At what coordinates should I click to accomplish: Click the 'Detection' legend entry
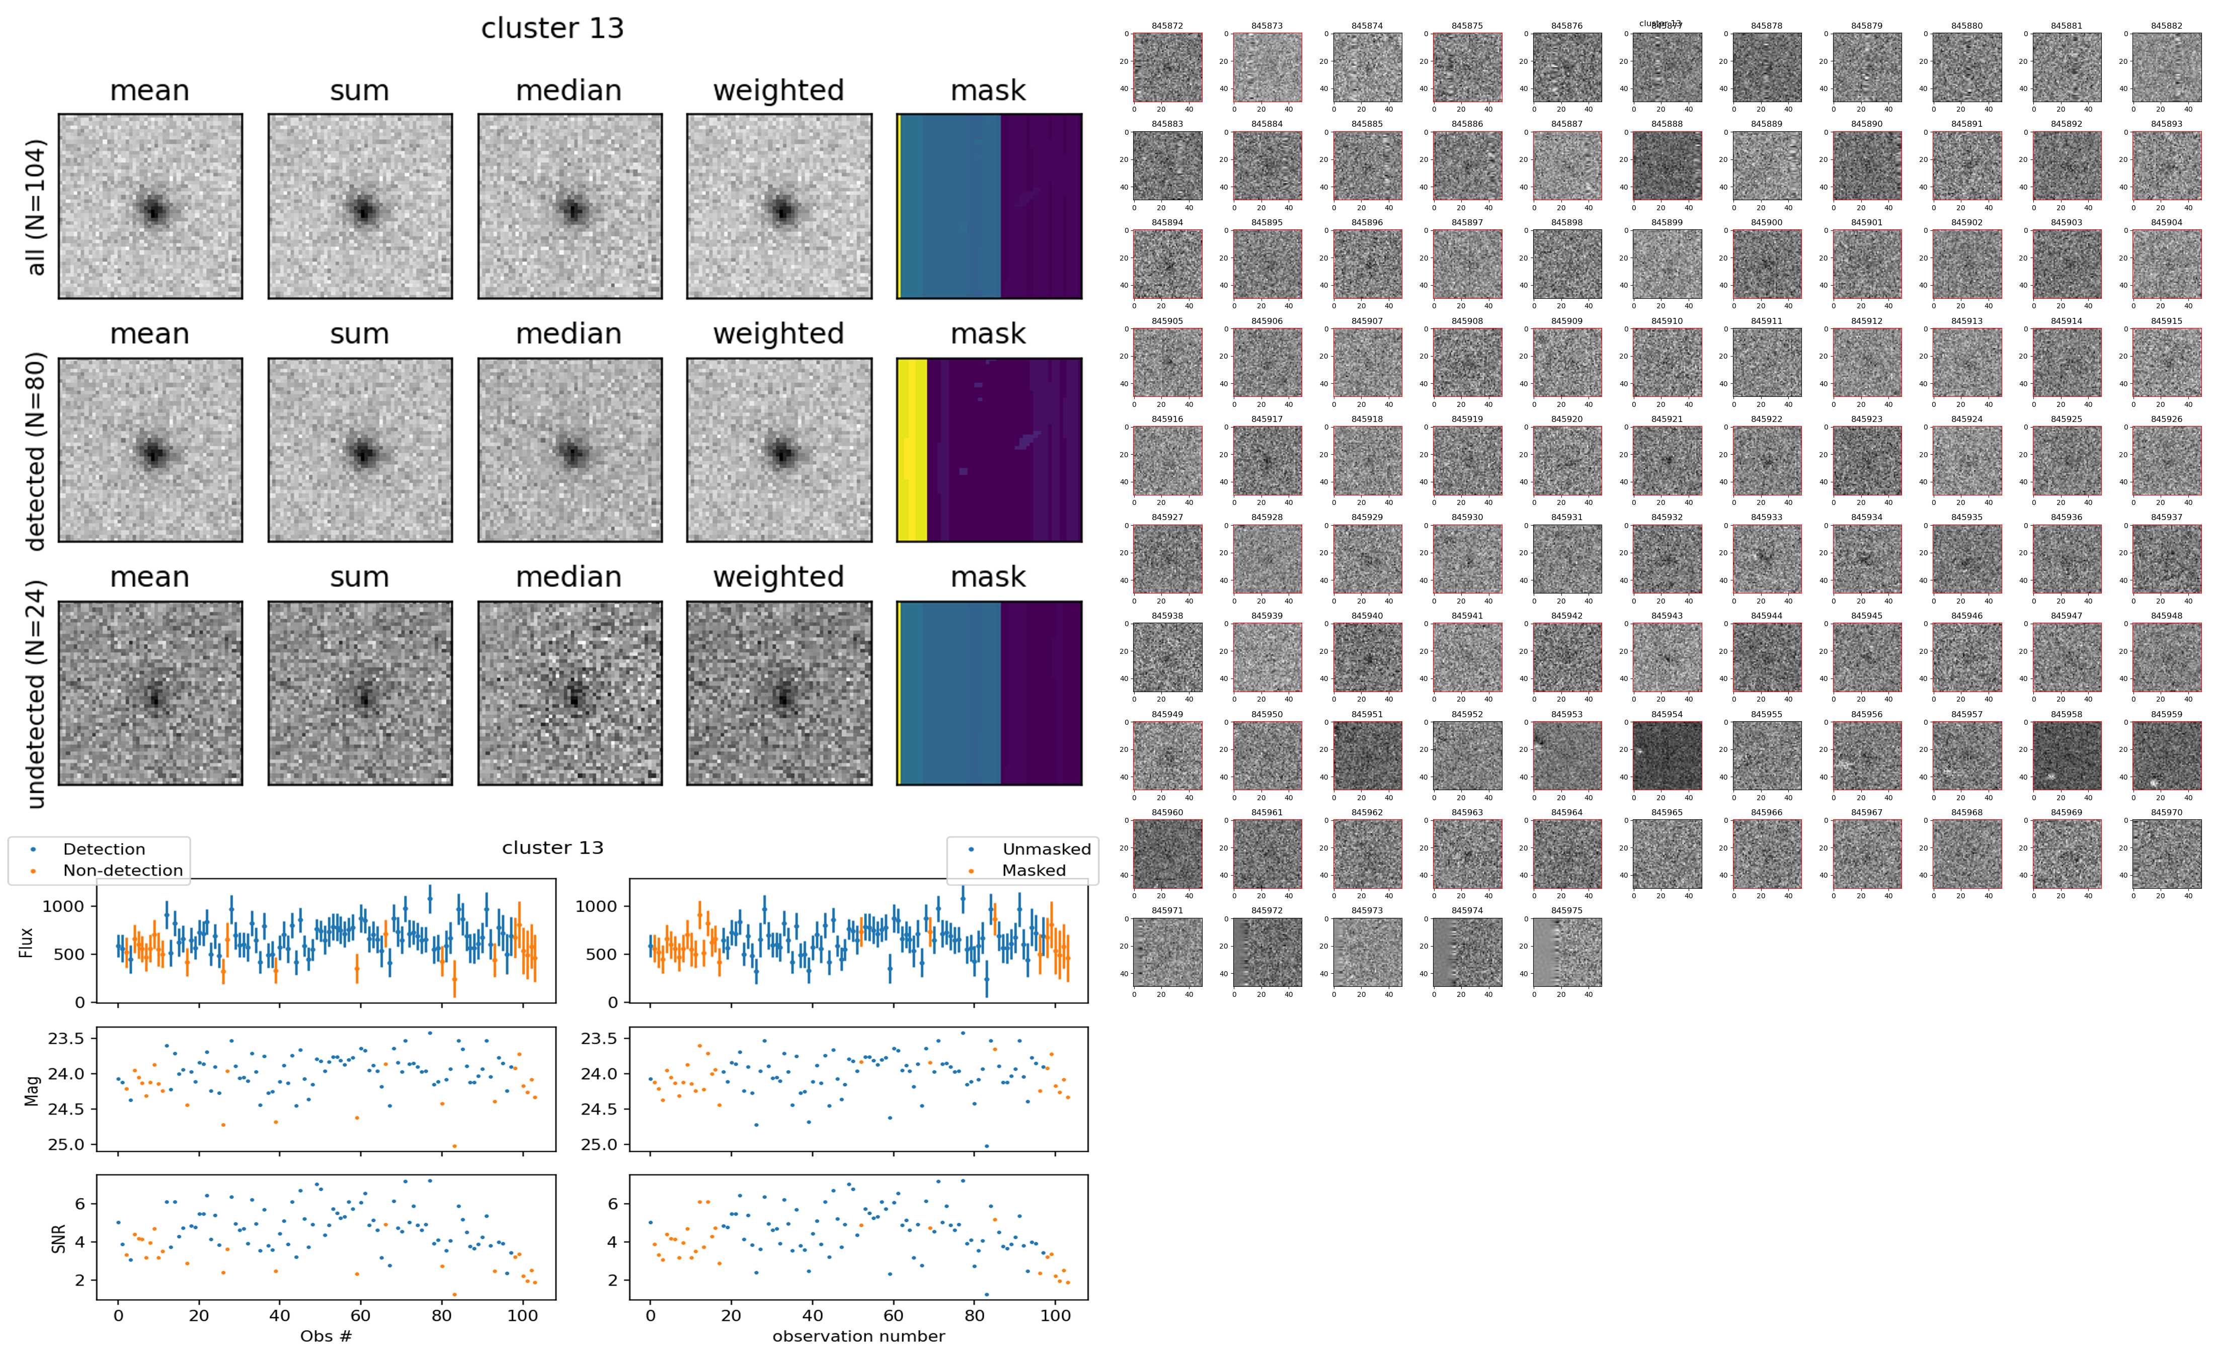coord(104,849)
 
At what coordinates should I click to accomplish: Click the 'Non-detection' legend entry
coord(122,871)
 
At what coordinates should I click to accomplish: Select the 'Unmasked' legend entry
coord(1046,849)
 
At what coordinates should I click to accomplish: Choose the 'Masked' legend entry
coord(1034,871)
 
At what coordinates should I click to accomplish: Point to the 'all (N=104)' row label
coord(36,207)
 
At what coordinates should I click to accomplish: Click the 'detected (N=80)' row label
coord(36,450)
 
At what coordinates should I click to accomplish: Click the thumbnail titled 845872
coord(1167,67)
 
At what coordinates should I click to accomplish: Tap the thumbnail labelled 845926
coord(2166,461)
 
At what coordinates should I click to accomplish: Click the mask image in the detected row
coord(989,450)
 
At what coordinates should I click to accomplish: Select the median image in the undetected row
coord(570,694)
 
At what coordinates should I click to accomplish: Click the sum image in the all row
coord(360,207)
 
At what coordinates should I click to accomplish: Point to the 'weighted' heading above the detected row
coord(778,333)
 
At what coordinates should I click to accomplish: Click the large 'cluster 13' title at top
coord(552,29)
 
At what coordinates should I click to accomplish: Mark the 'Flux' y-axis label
coord(27,941)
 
